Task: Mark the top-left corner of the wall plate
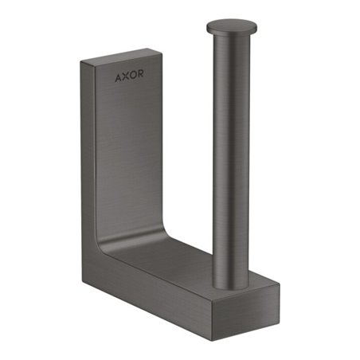(82, 63)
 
